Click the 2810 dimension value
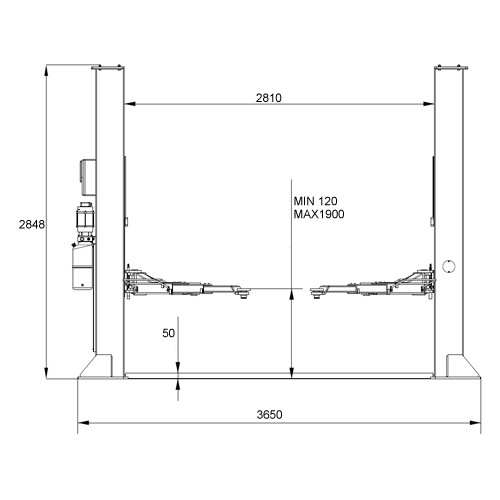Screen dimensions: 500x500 [269, 98]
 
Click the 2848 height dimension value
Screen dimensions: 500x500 [32, 224]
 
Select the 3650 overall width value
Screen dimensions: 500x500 [269, 414]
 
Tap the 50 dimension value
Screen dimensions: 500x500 [168, 333]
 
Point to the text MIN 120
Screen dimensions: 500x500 [315, 201]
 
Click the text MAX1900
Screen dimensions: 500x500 [319, 214]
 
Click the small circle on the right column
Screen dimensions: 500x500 [449, 266]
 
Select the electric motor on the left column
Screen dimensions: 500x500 [85, 220]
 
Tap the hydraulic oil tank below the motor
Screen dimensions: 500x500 [82, 267]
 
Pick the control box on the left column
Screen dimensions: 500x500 [88, 177]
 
